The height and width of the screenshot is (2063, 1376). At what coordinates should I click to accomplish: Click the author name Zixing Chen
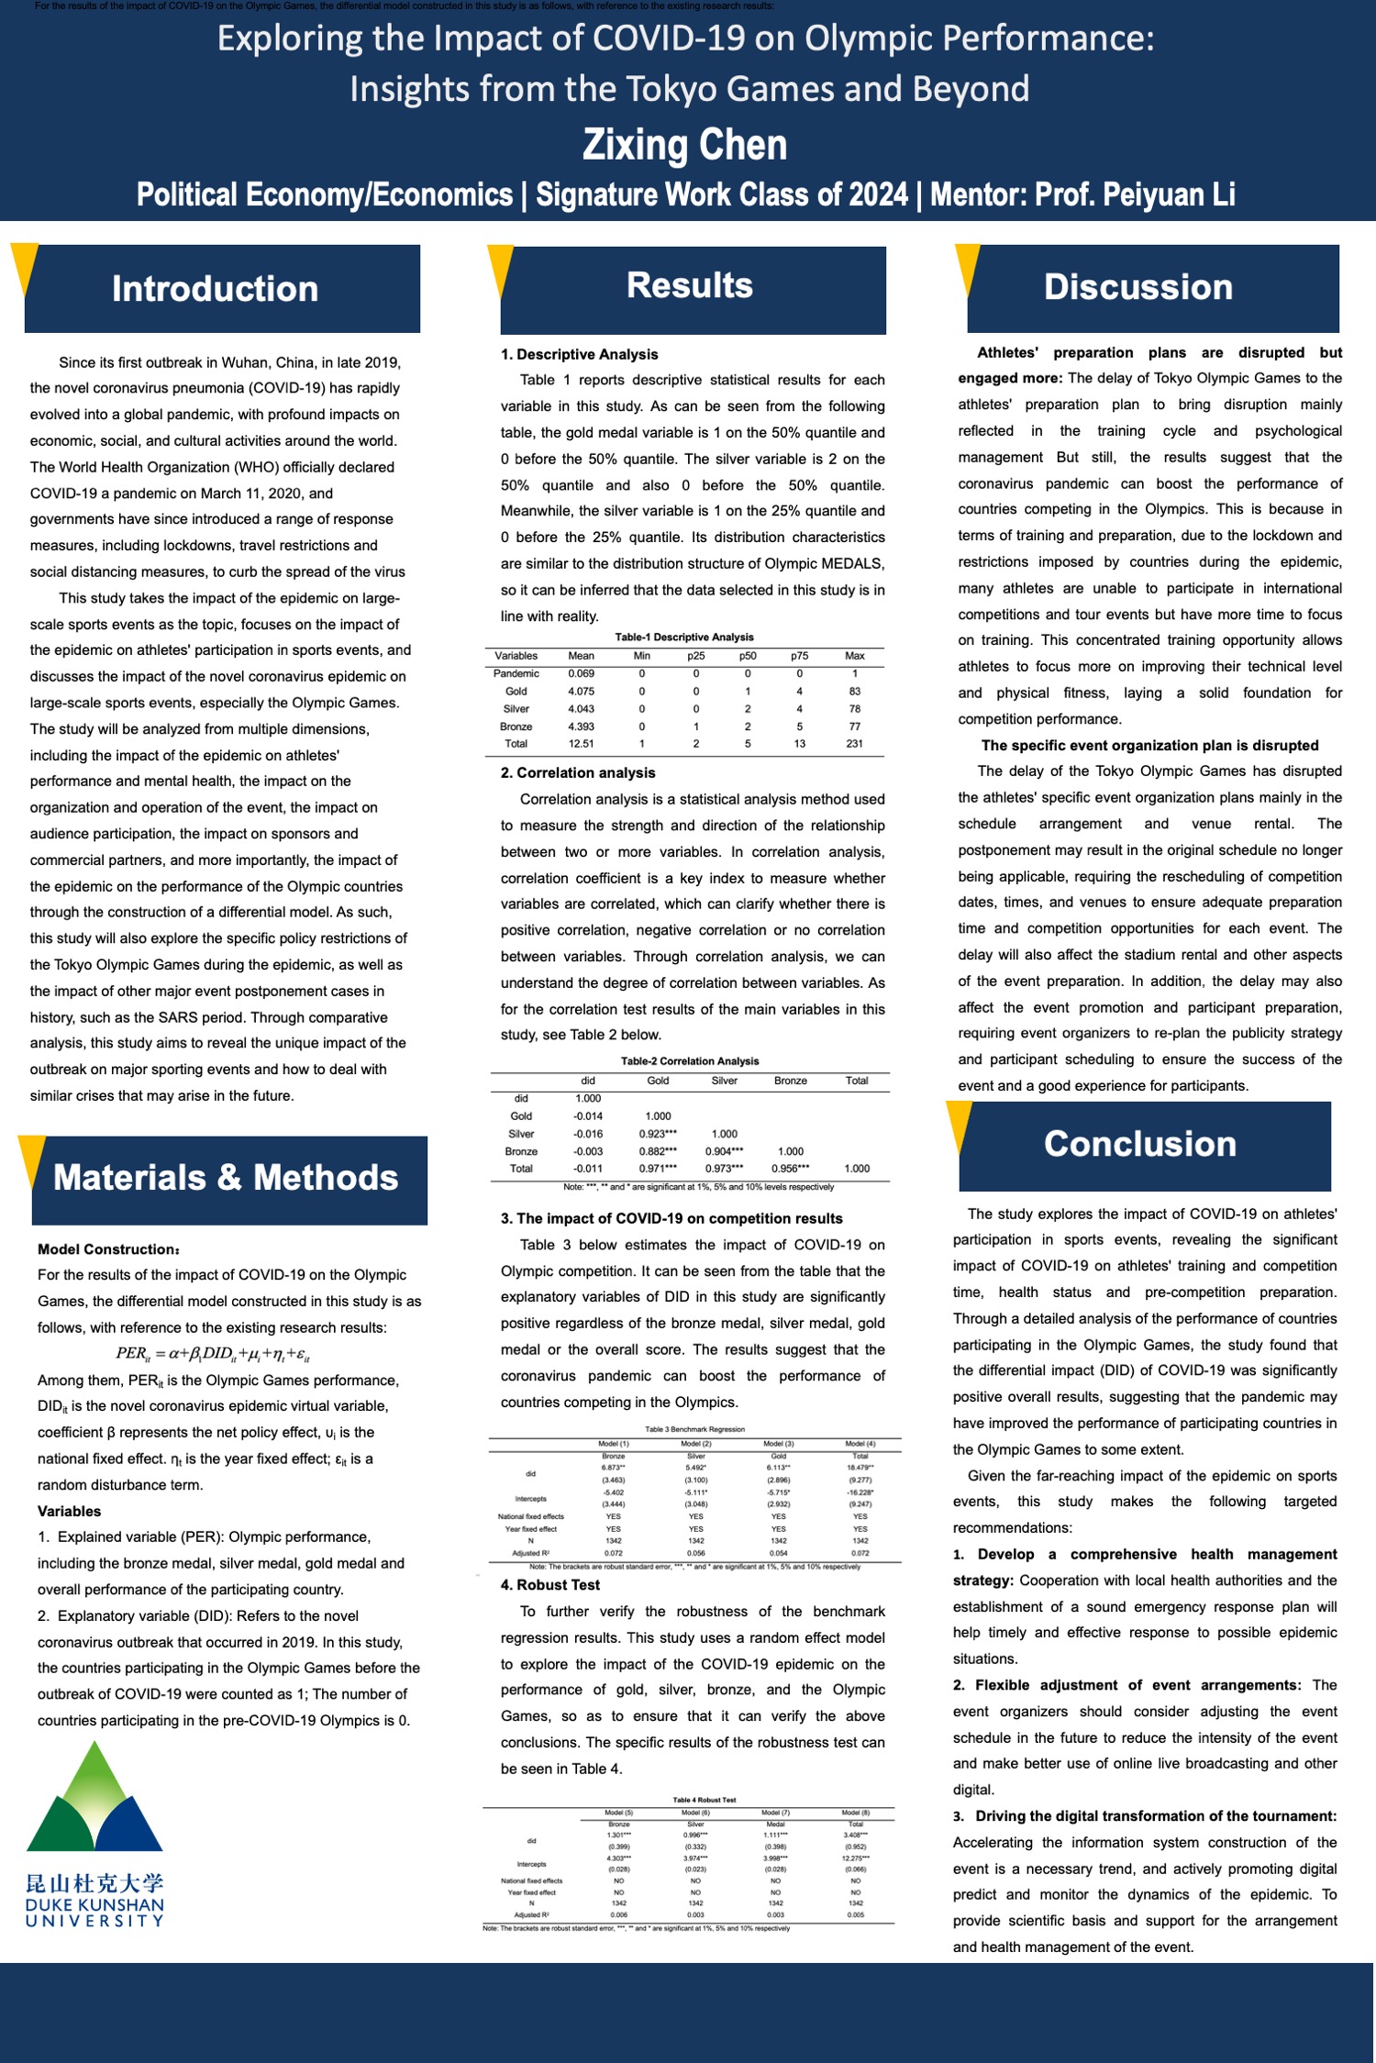(685, 145)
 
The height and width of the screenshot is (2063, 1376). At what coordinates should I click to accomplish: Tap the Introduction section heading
(215, 289)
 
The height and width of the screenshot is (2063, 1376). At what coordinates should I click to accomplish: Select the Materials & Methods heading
(226, 1178)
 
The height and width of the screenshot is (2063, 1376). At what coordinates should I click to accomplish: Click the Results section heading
(690, 285)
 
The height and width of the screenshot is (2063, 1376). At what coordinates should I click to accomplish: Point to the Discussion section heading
(1138, 287)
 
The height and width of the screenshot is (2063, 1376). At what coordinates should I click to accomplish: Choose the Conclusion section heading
(1140, 1144)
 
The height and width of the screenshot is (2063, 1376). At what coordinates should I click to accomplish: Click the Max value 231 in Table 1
(854, 744)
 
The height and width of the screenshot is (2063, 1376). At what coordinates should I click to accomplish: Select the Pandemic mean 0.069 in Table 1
(581, 673)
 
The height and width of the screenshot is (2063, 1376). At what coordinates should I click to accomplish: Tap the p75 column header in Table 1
(799, 656)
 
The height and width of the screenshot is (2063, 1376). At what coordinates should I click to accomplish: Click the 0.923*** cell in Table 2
(658, 1134)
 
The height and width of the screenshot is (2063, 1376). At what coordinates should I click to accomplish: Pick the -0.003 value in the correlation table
(587, 1151)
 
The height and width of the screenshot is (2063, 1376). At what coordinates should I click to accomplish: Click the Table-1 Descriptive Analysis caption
(684, 637)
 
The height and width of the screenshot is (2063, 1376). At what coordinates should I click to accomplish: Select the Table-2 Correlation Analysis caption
(690, 1061)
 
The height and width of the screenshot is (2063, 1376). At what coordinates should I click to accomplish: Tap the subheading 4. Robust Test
(550, 1585)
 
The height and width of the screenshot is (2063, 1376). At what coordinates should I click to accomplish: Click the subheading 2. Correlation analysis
(578, 773)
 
